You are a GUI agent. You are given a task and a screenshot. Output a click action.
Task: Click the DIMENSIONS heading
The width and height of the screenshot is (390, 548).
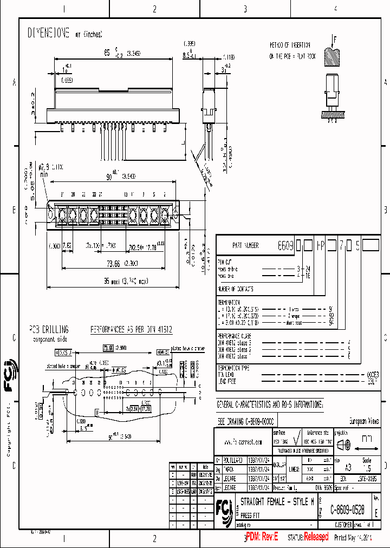[x=49, y=34]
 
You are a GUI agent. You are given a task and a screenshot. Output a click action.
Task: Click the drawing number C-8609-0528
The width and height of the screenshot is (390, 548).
[x=355, y=510]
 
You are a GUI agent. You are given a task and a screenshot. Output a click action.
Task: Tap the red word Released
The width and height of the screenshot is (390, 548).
[x=316, y=537]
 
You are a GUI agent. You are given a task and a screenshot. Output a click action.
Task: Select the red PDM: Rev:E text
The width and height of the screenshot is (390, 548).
[x=262, y=537]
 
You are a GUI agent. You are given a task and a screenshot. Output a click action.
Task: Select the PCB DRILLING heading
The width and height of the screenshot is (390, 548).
[x=49, y=329]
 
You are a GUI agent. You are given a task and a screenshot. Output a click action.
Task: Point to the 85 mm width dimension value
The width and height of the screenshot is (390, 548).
[x=107, y=53]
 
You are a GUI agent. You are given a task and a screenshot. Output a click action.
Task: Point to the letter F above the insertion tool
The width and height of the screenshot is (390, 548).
[x=335, y=39]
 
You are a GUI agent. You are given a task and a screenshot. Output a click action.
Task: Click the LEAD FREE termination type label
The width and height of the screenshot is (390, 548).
[x=227, y=381]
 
